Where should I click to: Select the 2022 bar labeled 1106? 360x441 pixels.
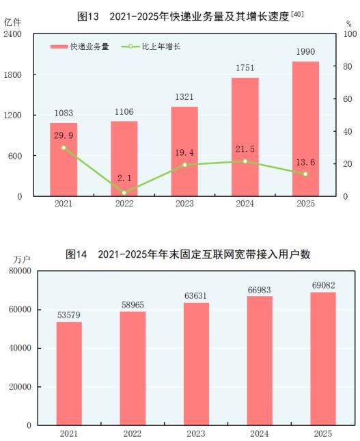124,159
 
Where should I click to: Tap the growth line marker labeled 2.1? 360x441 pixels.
124,193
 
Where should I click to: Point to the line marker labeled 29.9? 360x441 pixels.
64,148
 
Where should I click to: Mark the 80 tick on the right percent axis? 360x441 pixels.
348,66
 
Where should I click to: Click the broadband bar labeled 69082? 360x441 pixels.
323,358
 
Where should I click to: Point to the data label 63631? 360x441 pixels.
196,295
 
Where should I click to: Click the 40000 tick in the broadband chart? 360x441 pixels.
20,348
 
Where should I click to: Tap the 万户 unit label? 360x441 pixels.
23,260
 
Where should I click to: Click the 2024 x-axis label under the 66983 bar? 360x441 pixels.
260,433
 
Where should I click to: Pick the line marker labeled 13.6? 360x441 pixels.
305,174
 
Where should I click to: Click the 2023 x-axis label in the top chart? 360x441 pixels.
184,204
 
